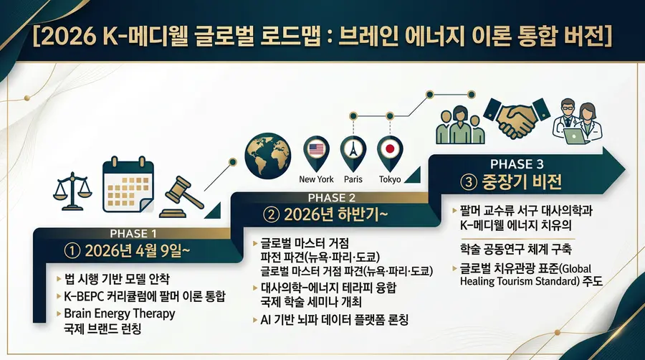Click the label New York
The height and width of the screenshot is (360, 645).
[x=316, y=179]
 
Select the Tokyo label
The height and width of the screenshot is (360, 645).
[x=391, y=179]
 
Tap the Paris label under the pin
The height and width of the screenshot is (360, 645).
[x=353, y=179]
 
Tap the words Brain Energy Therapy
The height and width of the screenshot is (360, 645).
[x=119, y=314]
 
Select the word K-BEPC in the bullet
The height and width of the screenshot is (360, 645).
[x=85, y=296]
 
